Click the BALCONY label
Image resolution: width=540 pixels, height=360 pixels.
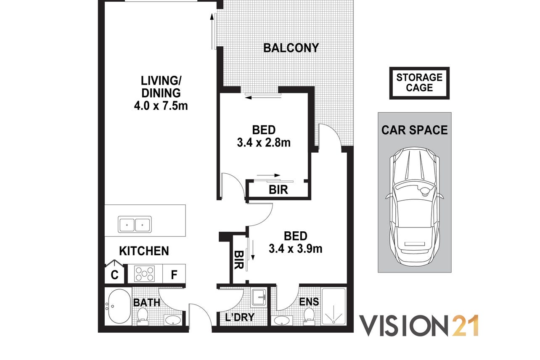(x=291, y=48)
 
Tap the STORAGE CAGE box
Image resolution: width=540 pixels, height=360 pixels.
(x=419, y=83)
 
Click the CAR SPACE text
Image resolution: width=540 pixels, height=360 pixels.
(x=414, y=130)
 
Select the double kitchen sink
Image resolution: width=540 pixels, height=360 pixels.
(x=135, y=224)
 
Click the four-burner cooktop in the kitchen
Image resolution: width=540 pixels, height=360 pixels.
(x=144, y=273)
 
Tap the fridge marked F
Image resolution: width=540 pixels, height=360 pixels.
(x=174, y=274)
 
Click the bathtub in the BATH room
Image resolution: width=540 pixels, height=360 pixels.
(x=119, y=307)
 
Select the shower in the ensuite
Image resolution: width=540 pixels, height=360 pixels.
(x=334, y=306)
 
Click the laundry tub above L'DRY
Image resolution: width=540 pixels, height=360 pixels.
(x=259, y=298)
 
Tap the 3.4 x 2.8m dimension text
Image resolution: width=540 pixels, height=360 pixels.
(x=264, y=143)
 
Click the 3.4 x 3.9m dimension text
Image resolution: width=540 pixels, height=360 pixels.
(x=296, y=249)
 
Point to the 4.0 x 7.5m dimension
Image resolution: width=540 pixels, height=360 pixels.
(x=161, y=106)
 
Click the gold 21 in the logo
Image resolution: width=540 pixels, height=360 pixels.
(x=465, y=326)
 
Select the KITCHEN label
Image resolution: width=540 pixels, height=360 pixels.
(x=144, y=251)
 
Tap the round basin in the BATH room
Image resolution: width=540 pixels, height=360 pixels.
(x=172, y=320)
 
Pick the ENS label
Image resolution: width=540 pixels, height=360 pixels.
(x=309, y=302)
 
